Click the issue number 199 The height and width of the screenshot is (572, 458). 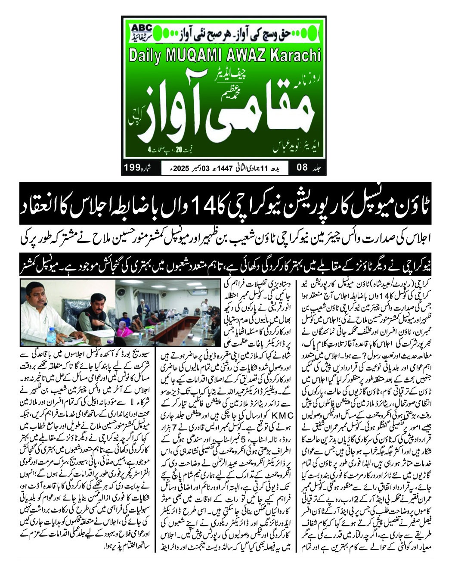[x=133, y=167]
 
